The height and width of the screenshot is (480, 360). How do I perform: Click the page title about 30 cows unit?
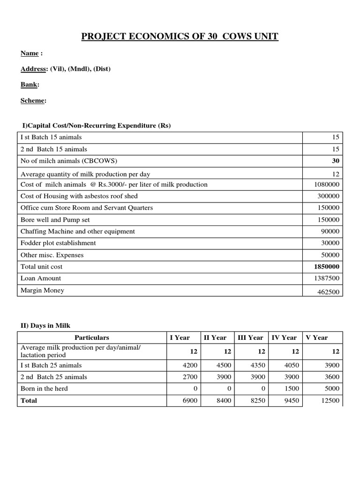(180, 36)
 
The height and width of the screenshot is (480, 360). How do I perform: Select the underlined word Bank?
(30, 85)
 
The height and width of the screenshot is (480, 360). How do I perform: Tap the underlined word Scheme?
(33, 100)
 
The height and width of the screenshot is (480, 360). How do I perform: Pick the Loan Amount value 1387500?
(328, 278)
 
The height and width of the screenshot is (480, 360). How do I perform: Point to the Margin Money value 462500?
(329, 291)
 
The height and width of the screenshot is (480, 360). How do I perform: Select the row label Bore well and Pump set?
(55, 220)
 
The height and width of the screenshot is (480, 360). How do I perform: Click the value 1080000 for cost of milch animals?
(328, 185)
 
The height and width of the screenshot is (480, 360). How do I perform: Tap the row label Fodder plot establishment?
(58, 243)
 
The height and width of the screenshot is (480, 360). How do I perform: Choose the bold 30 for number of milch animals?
(336, 161)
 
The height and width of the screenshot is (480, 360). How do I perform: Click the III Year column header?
(250, 337)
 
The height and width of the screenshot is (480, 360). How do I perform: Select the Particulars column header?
(92, 337)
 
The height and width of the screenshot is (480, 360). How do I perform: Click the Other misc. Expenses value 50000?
(331, 255)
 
